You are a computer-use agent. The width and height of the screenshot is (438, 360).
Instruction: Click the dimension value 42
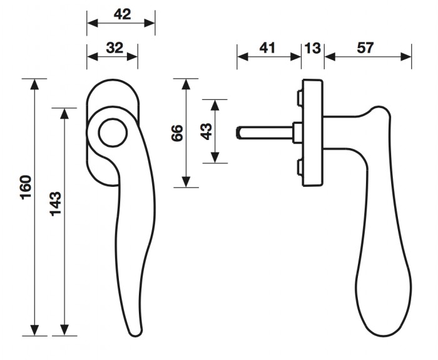pos(123,14)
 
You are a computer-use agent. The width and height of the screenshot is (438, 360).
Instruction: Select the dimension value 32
pos(115,47)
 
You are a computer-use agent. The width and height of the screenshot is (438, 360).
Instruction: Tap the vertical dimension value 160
pos(26,187)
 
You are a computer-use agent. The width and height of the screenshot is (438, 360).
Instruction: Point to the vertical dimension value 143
pos(56,204)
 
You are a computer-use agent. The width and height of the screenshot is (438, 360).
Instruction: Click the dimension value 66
pos(177,133)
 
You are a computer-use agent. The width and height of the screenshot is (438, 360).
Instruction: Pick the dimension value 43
pos(206,131)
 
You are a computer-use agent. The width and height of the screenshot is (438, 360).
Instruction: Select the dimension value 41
pos(267,47)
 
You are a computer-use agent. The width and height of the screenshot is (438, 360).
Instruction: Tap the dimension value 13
pos(313,48)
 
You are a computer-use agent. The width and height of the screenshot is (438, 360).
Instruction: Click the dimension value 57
pos(365,47)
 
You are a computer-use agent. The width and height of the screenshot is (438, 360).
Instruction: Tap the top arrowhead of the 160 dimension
pos(34,84)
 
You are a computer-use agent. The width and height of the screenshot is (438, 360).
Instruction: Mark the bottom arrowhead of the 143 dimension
pos(64,330)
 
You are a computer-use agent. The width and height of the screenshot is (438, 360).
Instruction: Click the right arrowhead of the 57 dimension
pos(406,57)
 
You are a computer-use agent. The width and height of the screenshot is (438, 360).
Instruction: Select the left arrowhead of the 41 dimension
pos(243,57)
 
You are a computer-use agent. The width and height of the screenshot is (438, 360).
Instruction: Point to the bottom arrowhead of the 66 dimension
pos(186,182)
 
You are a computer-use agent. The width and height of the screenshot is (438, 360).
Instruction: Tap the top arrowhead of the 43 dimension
pos(215,105)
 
